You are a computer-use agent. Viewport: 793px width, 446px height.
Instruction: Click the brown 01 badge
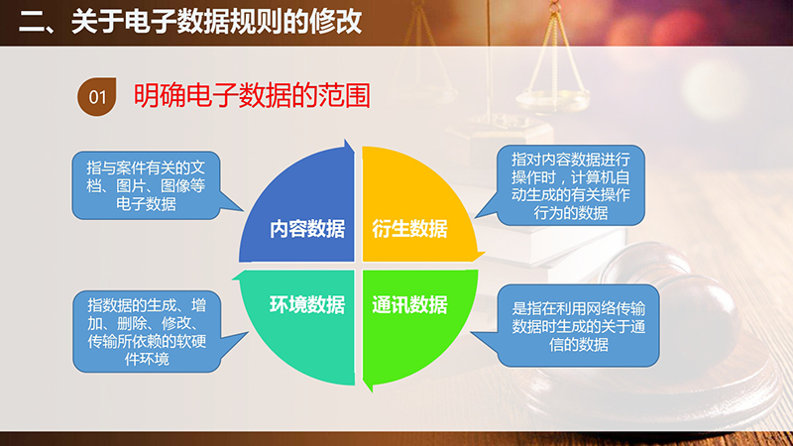click(96, 96)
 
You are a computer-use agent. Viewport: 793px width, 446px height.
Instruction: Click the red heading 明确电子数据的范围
click(252, 95)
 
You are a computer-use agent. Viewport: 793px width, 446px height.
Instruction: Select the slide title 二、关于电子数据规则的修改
click(190, 21)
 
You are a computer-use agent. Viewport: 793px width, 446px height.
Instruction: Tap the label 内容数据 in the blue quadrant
click(307, 229)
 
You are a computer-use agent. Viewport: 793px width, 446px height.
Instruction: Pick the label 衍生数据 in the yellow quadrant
click(409, 229)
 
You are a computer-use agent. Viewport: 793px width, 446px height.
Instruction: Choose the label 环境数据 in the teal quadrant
click(307, 305)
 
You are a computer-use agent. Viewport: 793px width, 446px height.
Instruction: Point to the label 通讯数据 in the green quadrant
click(409, 305)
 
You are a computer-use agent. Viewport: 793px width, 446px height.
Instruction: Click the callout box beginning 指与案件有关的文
click(146, 185)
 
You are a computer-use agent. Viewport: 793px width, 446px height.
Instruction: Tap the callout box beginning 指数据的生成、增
click(147, 332)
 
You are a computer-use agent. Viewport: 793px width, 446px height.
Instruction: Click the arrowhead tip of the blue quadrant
click(346, 140)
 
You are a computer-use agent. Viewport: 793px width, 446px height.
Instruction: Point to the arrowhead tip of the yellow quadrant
click(485, 253)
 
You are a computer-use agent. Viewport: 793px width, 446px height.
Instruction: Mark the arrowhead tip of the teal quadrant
click(233, 278)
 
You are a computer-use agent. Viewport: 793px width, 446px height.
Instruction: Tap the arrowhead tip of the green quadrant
click(371, 391)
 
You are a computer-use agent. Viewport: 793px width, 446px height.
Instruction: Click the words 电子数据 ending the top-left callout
click(146, 204)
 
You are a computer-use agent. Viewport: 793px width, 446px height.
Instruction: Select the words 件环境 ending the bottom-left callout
click(147, 359)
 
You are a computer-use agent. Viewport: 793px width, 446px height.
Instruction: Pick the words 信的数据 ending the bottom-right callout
click(578, 344)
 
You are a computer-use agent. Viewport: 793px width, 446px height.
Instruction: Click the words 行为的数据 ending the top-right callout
click(570, 212)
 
